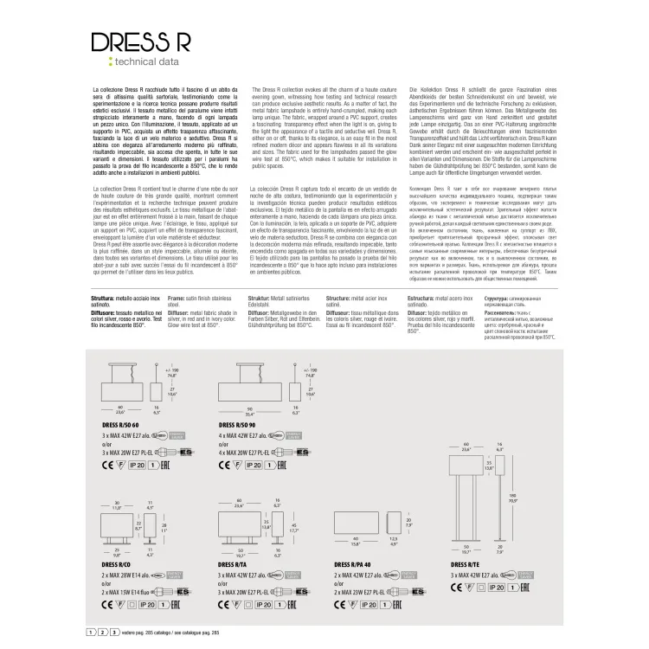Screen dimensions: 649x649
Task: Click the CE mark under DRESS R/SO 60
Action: coord(112,465)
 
